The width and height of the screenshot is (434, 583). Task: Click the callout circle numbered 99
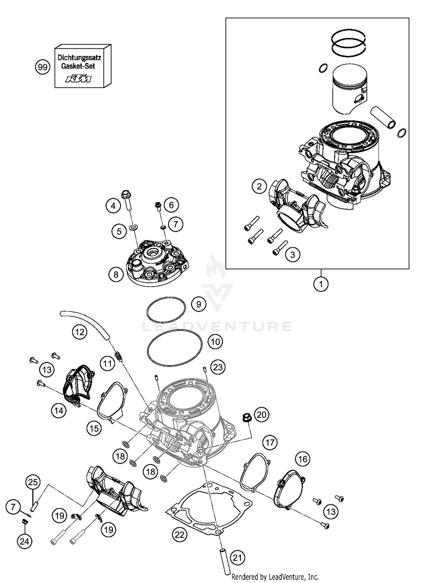43,67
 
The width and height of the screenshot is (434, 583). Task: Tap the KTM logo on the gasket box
78,79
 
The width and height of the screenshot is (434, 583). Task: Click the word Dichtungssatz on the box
79,58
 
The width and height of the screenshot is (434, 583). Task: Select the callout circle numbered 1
321,284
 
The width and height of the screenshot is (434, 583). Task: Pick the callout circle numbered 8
116,274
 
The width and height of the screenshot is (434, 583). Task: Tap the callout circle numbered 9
198,304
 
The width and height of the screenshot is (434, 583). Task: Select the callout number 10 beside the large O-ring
215,342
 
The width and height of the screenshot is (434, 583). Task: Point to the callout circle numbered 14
59,410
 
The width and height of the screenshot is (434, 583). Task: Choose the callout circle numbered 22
179,534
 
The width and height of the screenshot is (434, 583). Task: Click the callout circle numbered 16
303,459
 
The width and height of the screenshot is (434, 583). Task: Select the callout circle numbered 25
33,482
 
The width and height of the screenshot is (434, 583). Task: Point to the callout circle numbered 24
25,541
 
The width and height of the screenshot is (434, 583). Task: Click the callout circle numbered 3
293,255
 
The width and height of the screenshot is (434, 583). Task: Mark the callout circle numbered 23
218,367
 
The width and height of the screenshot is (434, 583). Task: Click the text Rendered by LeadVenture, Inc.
275,577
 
